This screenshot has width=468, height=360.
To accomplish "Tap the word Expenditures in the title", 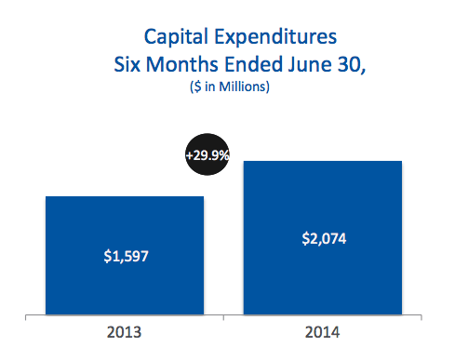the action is click(x=275, y=37).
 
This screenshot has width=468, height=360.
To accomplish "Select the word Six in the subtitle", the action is click(x=127, y=64).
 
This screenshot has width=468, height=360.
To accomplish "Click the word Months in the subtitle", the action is click(x=182, y=64).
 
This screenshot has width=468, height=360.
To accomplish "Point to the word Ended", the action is click(x=253, y=64).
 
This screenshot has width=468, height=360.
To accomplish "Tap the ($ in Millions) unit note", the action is click(x=230, y=87).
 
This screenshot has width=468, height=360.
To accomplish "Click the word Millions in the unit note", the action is click(x=243, y=87).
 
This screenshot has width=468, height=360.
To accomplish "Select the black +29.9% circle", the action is click(x=207, y=154).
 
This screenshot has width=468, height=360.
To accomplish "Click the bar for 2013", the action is click(x=125, y=256).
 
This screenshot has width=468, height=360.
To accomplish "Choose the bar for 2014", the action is click(x=323, y=238).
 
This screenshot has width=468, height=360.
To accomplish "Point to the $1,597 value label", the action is click(x=126, y=257).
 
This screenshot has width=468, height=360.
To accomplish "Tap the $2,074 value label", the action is click(x=324, y=239).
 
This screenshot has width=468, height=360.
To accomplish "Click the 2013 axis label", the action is click(x=124, y=332).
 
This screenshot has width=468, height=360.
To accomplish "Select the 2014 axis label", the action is click(x=322, y=332).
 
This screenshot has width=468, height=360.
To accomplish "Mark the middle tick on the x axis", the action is click(x=223, y=317).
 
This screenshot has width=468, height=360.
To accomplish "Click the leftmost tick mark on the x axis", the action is click(x=25, y=317).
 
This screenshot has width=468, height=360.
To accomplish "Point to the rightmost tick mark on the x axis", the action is click(x=421, y=317).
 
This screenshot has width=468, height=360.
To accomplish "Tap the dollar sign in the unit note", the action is click(x=197, y=87).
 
